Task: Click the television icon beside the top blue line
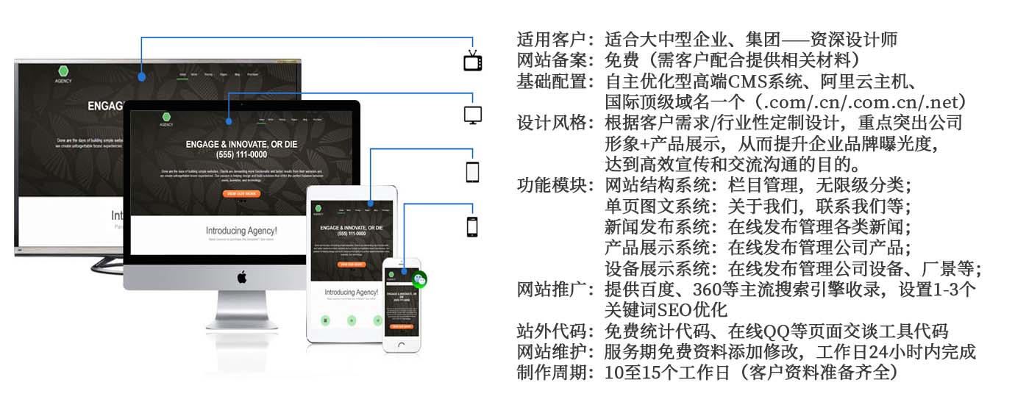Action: pyautogui.click(x=473, y=60)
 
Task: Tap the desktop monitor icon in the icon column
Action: pyautogui.click(x=473, y=115)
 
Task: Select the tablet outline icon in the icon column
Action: pyautogui.click(x=473, y=172)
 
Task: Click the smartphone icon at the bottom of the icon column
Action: pyautogui.click(x=473, y=226)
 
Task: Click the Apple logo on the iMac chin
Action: pyautogui.click(x=241, y=276)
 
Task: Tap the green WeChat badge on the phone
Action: pyautogui.click(x=419, y=279)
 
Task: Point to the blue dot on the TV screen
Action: pyautogui.click(x=141, y=76)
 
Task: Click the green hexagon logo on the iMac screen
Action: pyautogui.click(x=167, y=116)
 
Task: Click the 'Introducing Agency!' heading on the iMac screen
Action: pyautogui.click(x=241, y=230)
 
